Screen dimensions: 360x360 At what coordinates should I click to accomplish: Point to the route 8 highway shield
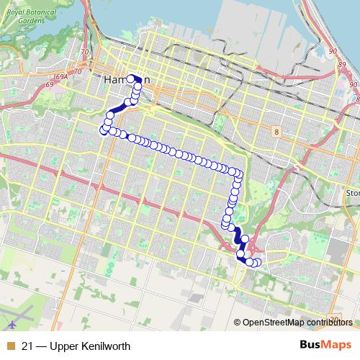276,131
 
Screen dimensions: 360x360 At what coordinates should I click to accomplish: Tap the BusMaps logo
325,343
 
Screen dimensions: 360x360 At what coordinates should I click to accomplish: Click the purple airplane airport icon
9,311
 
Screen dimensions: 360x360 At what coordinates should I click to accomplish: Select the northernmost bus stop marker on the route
130,78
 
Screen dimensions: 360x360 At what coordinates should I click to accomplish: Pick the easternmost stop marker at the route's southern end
258,264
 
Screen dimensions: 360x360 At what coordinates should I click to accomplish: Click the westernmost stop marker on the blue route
102,130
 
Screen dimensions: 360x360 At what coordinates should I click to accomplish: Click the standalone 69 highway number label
50,85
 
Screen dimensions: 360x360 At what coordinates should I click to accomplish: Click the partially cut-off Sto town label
352,193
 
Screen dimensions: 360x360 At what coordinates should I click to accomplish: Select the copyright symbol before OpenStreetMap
238,322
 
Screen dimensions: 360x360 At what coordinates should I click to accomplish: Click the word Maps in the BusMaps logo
335,343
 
